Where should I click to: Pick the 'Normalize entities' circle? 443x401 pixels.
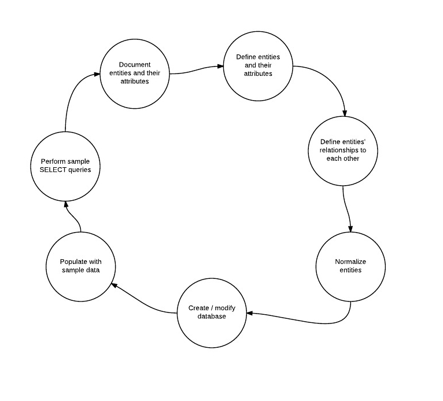pos(350,266)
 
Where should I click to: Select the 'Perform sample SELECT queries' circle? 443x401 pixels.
pos(65,165)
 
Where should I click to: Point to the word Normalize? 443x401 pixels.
pos(350,262)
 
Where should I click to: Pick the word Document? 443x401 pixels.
pos(134,64)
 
